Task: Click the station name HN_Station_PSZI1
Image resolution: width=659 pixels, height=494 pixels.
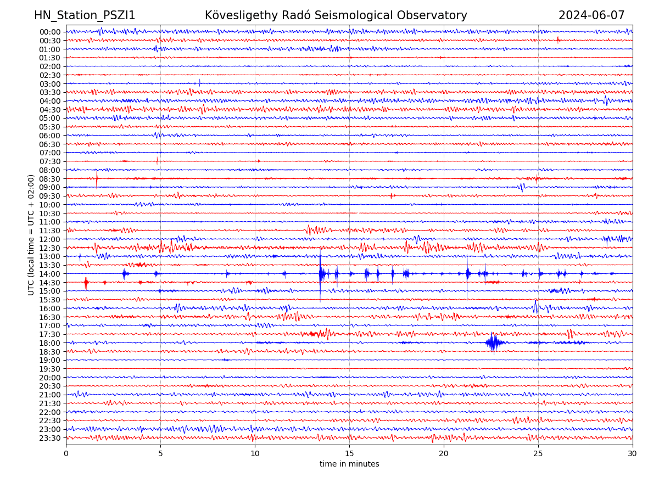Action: click(x=85, y=15)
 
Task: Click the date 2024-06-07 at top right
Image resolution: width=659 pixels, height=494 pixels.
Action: click(x=591, y=15)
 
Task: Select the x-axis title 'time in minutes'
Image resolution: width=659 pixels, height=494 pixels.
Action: click(x=349, y=464)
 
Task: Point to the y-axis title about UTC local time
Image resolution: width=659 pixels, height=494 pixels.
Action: click(x=31, y=234)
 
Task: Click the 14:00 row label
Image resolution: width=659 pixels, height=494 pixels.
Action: click(x=50, y=274)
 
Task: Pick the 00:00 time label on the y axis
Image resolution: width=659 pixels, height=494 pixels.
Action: click(x=50, y=32)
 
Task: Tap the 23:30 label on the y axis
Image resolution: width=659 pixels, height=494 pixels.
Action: click(x=50, y=438)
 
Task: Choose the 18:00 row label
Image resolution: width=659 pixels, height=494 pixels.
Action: click(x=50, y=343)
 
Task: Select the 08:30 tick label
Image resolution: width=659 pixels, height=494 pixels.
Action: click(x=50, y=179)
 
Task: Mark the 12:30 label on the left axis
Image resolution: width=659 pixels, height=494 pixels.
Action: click(x=50, y=248)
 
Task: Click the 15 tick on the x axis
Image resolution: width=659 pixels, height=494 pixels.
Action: click(x=349, y=453)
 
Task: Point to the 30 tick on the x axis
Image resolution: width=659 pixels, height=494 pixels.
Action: click(x=633, y=453)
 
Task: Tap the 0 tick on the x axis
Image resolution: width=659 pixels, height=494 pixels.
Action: click(x=66, y=453)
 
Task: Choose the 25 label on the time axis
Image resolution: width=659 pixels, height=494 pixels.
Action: click(x=538, y=453)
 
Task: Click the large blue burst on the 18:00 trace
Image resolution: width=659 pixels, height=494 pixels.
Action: click(x=493, y=343)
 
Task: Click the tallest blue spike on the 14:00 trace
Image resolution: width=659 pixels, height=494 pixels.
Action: click(x=320, y=274)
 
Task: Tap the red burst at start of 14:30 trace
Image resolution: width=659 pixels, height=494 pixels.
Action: click(x=86, y=283)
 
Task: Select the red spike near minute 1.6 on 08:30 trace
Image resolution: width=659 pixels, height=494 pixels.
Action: click(x=97, y=179)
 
